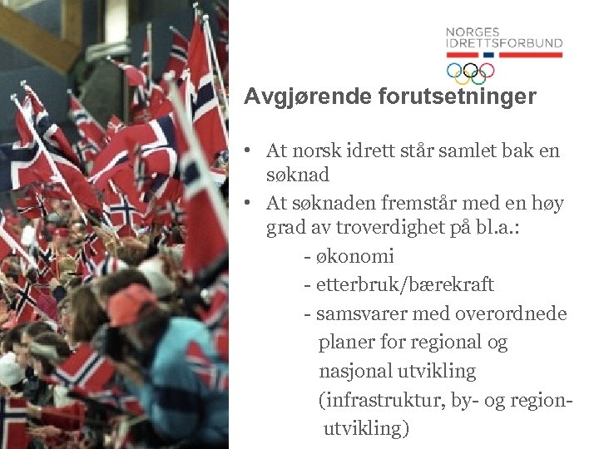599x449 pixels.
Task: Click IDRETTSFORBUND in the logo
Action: point(503,43)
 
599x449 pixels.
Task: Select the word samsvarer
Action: point(356,313)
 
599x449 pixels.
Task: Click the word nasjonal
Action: point(357,371)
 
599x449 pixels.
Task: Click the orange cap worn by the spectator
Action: point(131,304)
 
